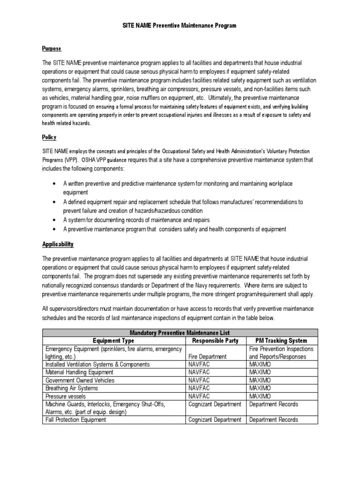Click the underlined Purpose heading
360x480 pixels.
tap(52, 49)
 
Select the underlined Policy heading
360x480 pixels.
tap(49, 137)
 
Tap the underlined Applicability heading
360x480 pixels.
tap(58, 244)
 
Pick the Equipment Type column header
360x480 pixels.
tap(113, 340)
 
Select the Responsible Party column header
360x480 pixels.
tap(215, 340)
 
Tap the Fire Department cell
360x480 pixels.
tap(208, 356)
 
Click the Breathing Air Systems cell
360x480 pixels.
tap(72, 388)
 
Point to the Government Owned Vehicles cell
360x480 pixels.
tap(79, 380)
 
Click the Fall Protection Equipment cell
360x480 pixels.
tap(75, 420)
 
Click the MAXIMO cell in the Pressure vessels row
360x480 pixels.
tap(260, 396)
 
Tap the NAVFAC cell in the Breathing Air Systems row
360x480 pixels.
tap(200, 388)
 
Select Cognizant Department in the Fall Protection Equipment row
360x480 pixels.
tap(214, 420)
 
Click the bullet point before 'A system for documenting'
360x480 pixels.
tap(55, 220)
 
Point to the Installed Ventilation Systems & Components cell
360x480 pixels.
tap(97, 364)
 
